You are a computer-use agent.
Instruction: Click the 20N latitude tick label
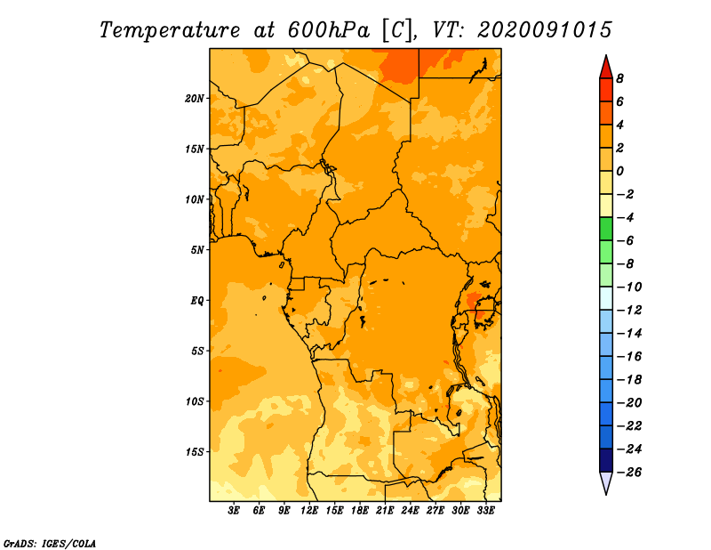pos(195,99)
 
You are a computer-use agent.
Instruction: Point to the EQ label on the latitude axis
pos(196,301)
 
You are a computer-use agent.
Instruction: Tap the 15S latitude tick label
pos(195,452)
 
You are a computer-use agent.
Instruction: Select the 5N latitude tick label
pos(197,250)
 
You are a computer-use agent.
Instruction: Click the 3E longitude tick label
pos(234,510)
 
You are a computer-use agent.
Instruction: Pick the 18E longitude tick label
pos(360,510)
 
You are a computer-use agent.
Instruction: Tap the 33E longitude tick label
pos(485,510)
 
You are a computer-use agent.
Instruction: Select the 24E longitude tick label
pos(410,510)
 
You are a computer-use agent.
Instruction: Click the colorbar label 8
pos(619,78)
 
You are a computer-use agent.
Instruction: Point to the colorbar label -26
pos(629,473)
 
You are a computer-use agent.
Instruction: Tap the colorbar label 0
pos(619,171)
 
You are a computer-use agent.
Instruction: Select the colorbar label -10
pos(629,287)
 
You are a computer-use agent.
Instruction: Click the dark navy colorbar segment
pos(606,460)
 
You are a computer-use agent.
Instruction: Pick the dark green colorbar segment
pos(606,229)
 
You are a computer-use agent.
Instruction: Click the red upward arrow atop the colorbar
pos(606,67)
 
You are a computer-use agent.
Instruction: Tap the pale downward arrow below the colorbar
pos(606,483)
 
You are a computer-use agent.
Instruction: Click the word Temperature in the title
pos(170,30)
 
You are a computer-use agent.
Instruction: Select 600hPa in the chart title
pos(328,30)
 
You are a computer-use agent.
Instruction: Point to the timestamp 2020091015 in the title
pos(545,30)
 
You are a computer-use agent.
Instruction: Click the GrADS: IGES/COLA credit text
pos(50,543)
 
